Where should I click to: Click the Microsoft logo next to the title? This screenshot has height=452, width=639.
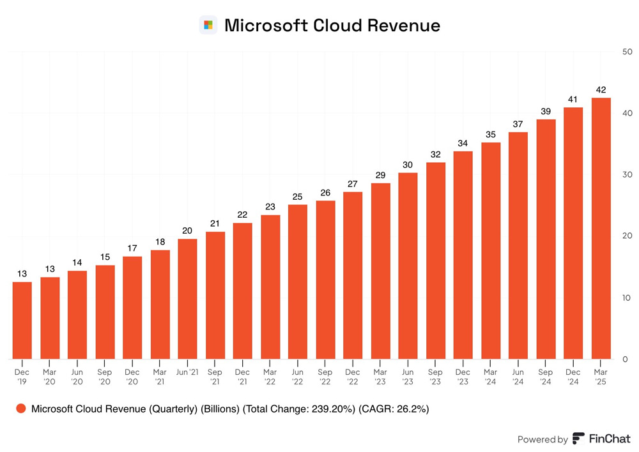(x=208, y=26)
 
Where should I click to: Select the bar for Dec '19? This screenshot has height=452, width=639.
(x=22, y=320)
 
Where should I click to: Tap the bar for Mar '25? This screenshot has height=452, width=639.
(x=601, y=228)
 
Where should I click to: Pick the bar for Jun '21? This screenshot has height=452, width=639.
(x=187, y=299)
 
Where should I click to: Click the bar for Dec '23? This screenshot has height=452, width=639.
(x=463, y=255)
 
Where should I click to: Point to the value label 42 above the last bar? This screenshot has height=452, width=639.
(x=601, y=89)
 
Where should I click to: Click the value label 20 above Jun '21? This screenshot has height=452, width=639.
(x=187, y=230)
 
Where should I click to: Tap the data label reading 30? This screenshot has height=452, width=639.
(x=408, y=165)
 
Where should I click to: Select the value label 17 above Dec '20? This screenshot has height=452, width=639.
(x=132, y=248)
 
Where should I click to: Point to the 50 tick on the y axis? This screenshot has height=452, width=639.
(x=627, y=52)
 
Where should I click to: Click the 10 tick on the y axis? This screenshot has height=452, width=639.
(x=627, y=298)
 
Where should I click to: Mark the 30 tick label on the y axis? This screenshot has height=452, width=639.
(x=627, y=175)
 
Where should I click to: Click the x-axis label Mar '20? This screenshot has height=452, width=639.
(x=50, y=377)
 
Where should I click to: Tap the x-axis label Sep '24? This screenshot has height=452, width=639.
(x=545, y=377)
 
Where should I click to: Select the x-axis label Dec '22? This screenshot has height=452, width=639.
(x=353, y=377)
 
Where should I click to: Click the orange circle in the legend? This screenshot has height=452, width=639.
(x=22, y=409)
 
